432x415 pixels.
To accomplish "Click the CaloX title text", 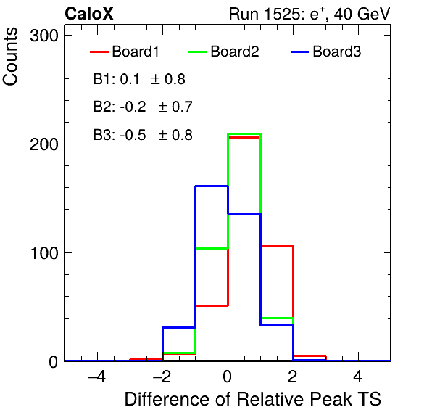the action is tap(89, 14).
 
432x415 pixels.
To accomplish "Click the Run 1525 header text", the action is tap(310, 14).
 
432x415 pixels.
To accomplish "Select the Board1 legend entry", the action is tap(125, 52).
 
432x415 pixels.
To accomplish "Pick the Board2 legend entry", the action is tap(224, 52).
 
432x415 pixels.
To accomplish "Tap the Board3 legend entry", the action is tap(326, 52).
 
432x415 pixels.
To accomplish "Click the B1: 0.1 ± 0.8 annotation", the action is tap(139, 79).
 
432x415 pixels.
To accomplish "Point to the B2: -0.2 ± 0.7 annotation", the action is tap(143, 107).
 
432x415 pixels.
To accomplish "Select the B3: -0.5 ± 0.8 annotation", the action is tap(143, 135).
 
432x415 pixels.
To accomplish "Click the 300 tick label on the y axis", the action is tap(44, 36).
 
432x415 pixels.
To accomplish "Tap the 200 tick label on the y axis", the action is tap(44, 144).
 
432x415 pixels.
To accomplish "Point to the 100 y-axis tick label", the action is tap(44, 253).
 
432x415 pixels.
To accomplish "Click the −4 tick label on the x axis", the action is tap(96, 377).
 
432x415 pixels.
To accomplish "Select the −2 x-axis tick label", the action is tap(162, 377).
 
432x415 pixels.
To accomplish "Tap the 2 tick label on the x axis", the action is tap(293, 377).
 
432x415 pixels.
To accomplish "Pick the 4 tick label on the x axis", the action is tap(358, 377).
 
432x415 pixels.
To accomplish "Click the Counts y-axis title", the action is tap(10, 57).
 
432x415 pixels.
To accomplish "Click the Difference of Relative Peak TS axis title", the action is tap(253, 399).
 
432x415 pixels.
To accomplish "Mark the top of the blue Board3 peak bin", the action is tap(212, 186).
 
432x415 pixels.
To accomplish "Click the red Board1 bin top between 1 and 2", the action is tap(277, 246).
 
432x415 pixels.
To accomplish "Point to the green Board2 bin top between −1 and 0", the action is tap(212, 249).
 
